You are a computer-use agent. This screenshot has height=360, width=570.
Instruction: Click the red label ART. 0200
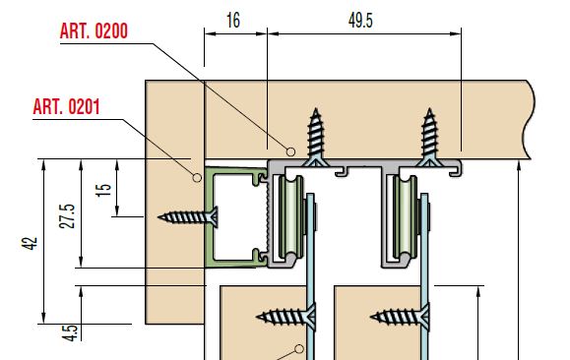pyautogui.click(x=94, y=30)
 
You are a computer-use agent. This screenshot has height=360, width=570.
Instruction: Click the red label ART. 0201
pyautogui.click(x=66, y=107)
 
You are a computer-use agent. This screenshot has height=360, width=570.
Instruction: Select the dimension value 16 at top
pyautogui.click(x=233, y=21)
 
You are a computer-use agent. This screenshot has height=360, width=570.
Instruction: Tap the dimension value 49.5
pyautogui.click(x=360, y=21)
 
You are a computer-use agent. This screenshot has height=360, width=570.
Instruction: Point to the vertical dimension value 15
pyautogui.click(x=103, y=190)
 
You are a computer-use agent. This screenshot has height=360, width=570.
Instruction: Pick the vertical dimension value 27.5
pyautogui.click(x=68, y=216)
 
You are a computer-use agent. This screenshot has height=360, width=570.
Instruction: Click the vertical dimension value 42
pyautogui.click(x=30, y=243)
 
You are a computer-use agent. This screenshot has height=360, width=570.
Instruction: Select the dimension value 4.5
pyautogui.click(x=70, y=332)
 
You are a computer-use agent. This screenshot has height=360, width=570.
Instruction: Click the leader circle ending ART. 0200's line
pyautogui.click(x=290, y=151)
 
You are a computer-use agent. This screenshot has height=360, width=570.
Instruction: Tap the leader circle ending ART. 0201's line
pyautogui.click(x=197, y=178)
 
